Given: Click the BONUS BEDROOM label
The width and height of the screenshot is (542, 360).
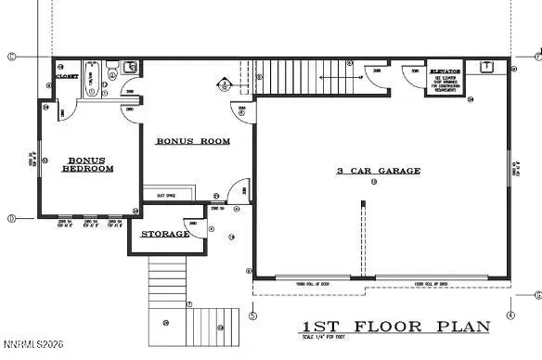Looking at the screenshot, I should coord(87,164).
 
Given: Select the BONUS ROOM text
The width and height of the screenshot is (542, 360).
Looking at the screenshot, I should coord(192,141).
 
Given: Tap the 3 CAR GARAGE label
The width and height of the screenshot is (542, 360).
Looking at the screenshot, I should coord(379,171).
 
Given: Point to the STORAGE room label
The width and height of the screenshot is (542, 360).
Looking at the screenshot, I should coord(164,234).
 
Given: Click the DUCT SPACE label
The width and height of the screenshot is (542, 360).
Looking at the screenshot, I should coord(167,195).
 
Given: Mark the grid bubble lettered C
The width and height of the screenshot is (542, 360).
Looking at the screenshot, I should coord(11,57).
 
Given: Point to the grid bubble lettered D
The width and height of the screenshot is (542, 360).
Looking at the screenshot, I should coord(11,219).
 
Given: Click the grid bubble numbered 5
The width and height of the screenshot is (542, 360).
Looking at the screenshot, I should coord(252,315).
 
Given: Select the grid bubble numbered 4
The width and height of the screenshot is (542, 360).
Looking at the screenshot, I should coord(511,315).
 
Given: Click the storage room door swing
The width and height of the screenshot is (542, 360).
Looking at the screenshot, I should coord(193,227).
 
